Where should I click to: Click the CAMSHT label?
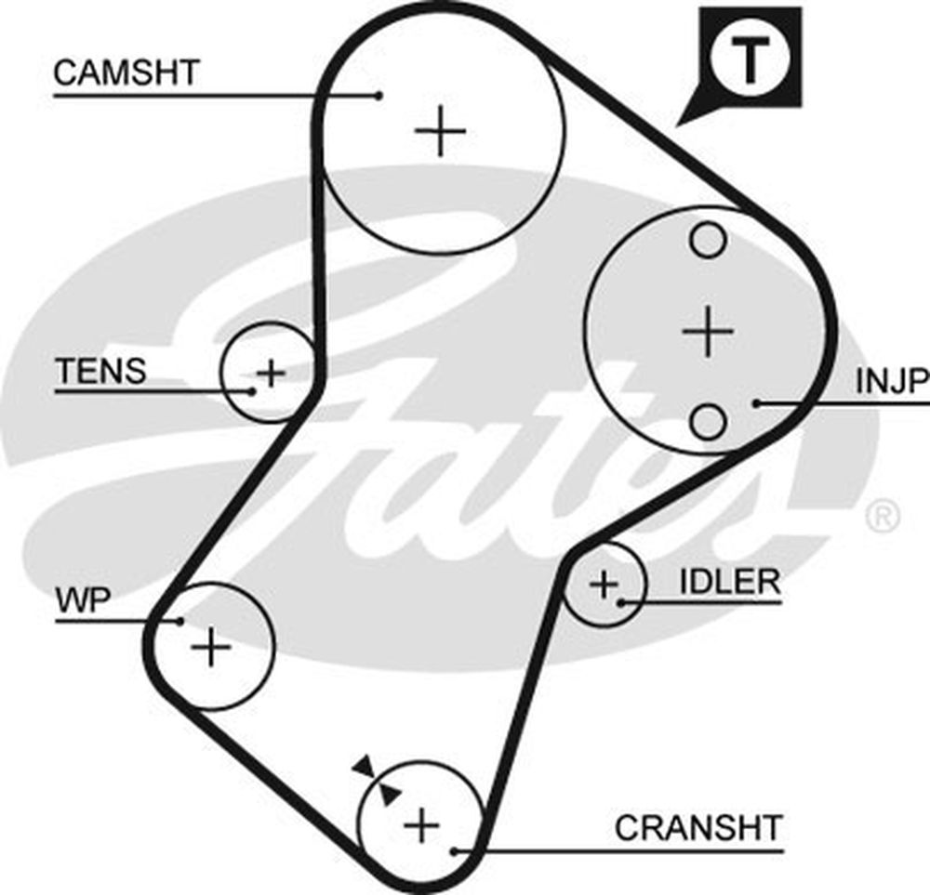pos(126,73)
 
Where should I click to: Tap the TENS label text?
pos(101,372)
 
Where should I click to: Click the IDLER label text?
pos(729,583)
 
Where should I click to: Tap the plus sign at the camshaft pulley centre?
pos(440,131)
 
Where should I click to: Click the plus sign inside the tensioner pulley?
pos(271,374)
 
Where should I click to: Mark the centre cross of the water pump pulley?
pos(211,646)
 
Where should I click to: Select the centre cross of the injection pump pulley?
pos(708,331)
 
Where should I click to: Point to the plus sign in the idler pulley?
pos(604,585)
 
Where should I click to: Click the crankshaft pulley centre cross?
pos(421,823)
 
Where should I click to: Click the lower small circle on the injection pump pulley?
pos(708,421)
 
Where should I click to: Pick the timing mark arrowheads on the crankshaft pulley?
pos(376,779)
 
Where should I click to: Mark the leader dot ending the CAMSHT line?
pos(379,94)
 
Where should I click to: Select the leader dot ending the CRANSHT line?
pos(453,849)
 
